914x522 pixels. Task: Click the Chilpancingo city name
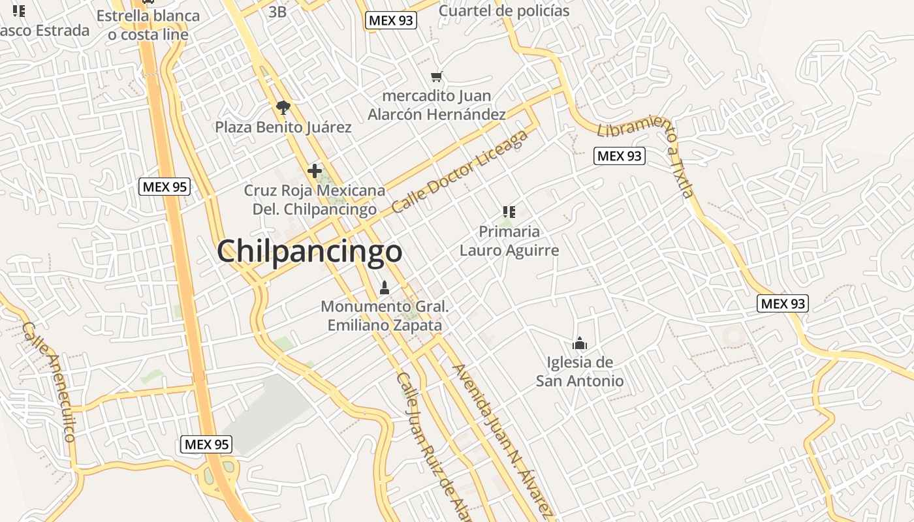tap(309, 251)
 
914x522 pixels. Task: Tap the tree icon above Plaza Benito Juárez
tap(283, 107)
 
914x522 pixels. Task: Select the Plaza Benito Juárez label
tap(283, 127)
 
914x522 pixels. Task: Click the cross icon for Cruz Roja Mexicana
tap(315, 171)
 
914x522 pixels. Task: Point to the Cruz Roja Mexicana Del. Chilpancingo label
tap(315, 200)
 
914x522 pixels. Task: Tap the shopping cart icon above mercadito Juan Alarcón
tap(437, 77)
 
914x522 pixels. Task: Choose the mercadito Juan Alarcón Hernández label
tap(437, 105)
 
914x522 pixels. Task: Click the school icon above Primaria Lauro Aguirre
tap(509, 211)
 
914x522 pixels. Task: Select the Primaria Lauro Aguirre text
tap(509, 241)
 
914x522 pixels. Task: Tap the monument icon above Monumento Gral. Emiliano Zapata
tap(385, 287)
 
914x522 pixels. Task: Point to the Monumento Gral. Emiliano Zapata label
tap(385, 315)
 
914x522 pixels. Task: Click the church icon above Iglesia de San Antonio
tap(579, 343)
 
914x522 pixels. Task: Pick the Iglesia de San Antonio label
tap(579, 371)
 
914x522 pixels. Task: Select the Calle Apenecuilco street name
tap(49, 381)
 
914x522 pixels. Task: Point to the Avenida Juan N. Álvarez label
tap(503, 440)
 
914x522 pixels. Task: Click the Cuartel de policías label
tap(504, 11)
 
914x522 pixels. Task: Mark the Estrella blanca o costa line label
tap(148, 25)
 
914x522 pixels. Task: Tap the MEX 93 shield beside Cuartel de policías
tap(391, 20)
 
